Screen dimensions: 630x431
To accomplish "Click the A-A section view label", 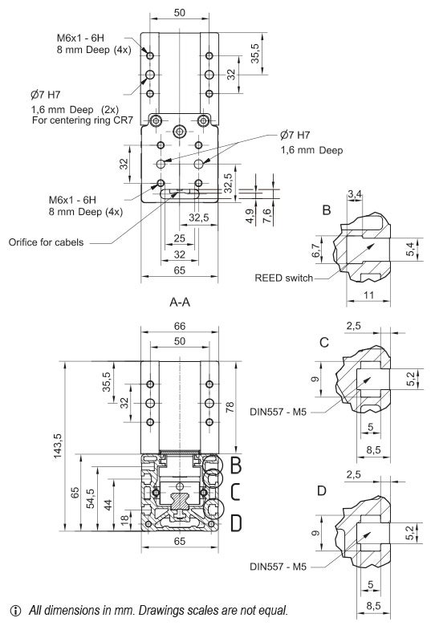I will click(179, 304).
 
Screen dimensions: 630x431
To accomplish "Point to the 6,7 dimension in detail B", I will click(315, 252).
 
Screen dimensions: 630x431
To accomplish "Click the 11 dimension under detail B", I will click(368, 295).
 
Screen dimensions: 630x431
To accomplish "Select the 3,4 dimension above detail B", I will click(354, 193).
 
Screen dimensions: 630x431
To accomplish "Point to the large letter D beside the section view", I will click(235, 523).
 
